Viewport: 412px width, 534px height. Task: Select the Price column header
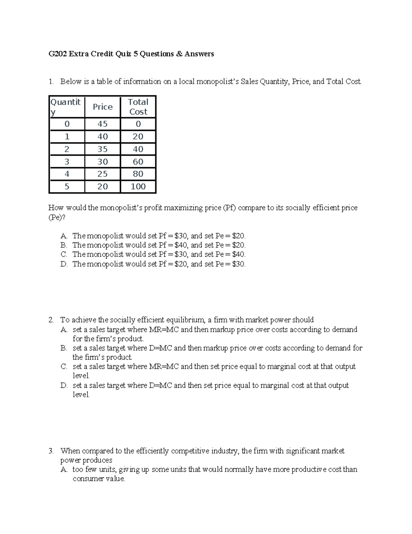pos(103,107)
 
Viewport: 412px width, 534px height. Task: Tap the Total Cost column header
pos(138,107)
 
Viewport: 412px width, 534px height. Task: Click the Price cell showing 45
pos(103,124)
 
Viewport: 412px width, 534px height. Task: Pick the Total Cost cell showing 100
pos(138,186)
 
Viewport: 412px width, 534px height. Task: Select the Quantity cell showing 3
pos(67,162)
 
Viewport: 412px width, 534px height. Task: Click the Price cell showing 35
pos(103,149)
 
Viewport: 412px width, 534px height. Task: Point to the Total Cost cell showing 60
pos(138,162)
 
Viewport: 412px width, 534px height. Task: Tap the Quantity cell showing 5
pos(67,186)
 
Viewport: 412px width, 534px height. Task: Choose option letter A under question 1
pos(64,236)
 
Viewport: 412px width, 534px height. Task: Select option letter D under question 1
pos(64,264)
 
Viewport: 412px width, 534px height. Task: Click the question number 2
pos(51,320)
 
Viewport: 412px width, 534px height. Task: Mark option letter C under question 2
pos(64,367)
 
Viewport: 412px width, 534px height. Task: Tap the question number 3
pos(51,451)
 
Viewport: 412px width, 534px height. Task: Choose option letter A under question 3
pos(64,469)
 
